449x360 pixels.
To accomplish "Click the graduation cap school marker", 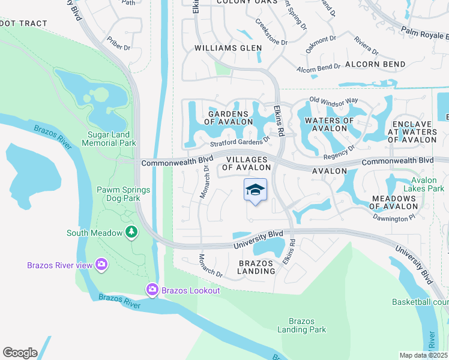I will pos(255,190).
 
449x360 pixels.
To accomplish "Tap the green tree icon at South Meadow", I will pos(131,232).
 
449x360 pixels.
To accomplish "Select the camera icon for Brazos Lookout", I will pos(152,290).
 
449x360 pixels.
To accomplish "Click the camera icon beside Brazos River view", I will pos(101,265).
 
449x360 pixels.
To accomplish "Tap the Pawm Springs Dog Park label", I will pos(124,194).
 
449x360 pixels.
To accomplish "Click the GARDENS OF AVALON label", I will pos(228,118).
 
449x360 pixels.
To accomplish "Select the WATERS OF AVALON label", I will pos(330,124).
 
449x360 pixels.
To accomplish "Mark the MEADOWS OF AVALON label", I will pos(394,202).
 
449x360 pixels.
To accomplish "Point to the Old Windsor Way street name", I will pos(334,99).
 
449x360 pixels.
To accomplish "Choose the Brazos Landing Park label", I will pos(301,325).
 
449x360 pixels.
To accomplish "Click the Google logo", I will pos(20,353).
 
